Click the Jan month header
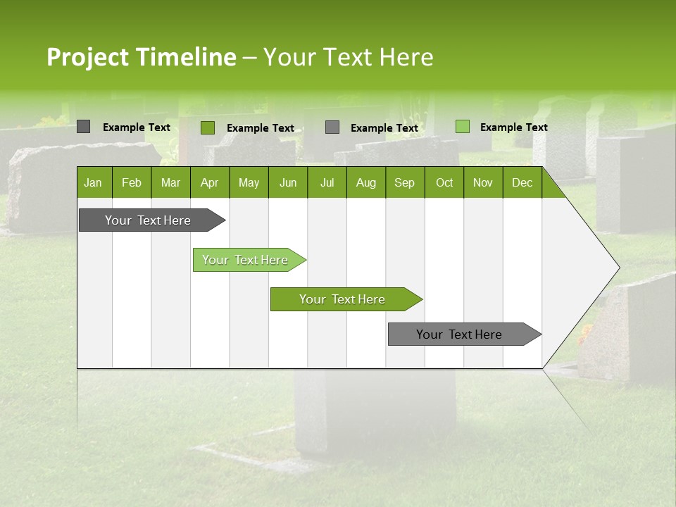coord(93,183)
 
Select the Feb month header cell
coord(132,183)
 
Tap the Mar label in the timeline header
coord(170,183)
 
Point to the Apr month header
coord(209,183)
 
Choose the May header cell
coord(249,183)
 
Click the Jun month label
coord(288,183)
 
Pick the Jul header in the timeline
coord(327,183)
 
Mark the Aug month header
coord(366,183)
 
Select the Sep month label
coord(404,183)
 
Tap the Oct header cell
coord(444,183)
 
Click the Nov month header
coord(483,183)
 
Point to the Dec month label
coord(522,183)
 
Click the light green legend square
coord(463,127)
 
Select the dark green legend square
coord(208,127)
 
